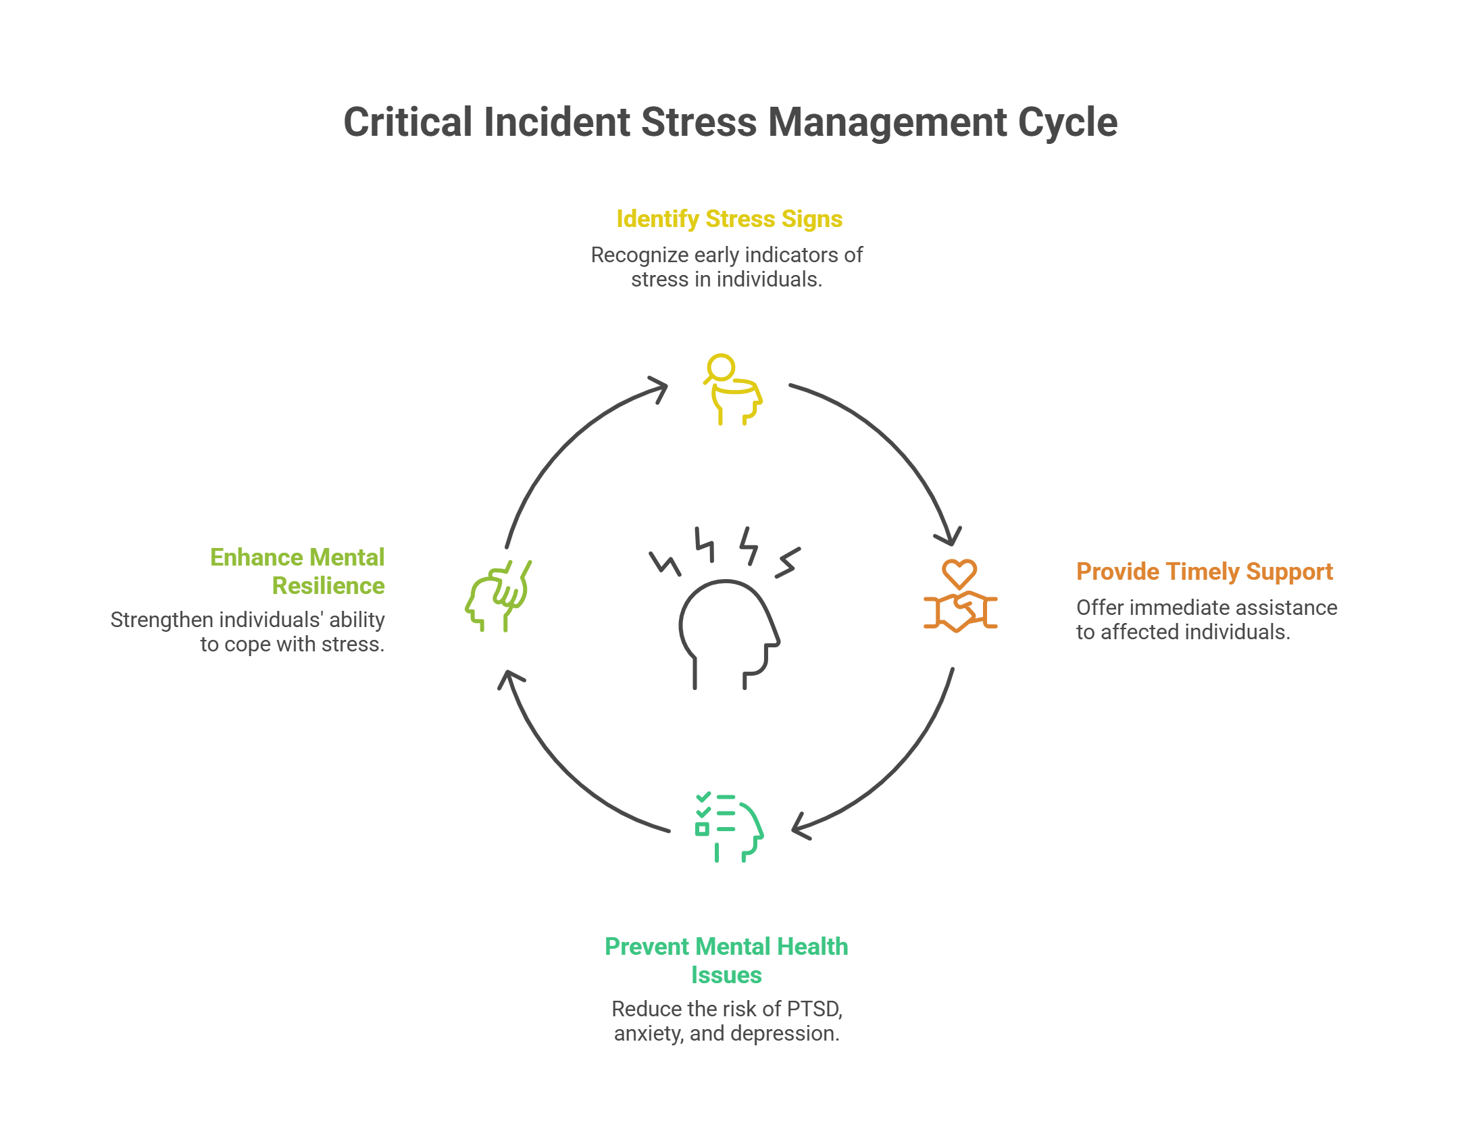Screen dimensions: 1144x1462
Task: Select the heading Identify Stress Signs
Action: (x=729, y=219)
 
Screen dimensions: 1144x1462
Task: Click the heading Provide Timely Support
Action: (x=1205, y=572)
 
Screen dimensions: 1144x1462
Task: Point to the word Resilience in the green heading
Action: (x=328, y=586)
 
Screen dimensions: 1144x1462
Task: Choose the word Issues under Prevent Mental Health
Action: (x=726, y=975)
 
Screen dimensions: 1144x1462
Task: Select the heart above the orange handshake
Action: (x=959, y=573)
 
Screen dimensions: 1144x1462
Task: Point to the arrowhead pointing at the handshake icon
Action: (x=949, y=537)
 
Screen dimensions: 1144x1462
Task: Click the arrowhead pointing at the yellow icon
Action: (x=659, y=389)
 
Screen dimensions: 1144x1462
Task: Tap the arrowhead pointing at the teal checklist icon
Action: (x=799, y=826)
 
